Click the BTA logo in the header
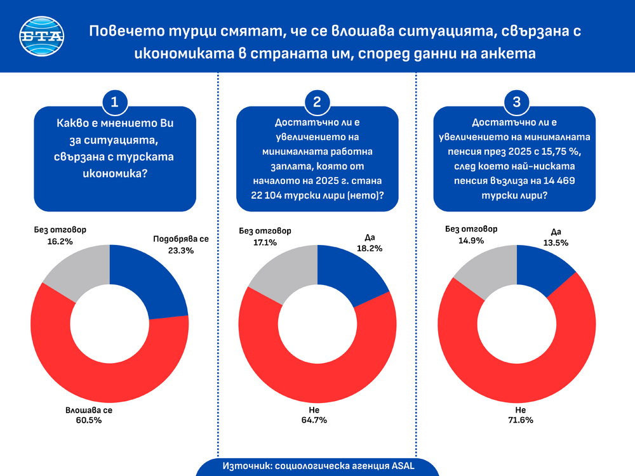pyautogui.click(x=43, y=36)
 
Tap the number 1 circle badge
pyautogui.click(x=115, y=102)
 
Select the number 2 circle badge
pyautogui.click(x=317, y=102)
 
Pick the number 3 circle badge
pyautogui.click(x=516, y=102)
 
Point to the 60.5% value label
pyautogui.click(x=88, y=421)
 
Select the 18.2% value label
pyautogui.click(x=369, y=249)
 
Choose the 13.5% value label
pyautogui.click(x=554, y=242)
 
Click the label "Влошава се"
pyautogui.click(x=88, y=411)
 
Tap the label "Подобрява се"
pyautogui.click(x=181, y=239)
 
